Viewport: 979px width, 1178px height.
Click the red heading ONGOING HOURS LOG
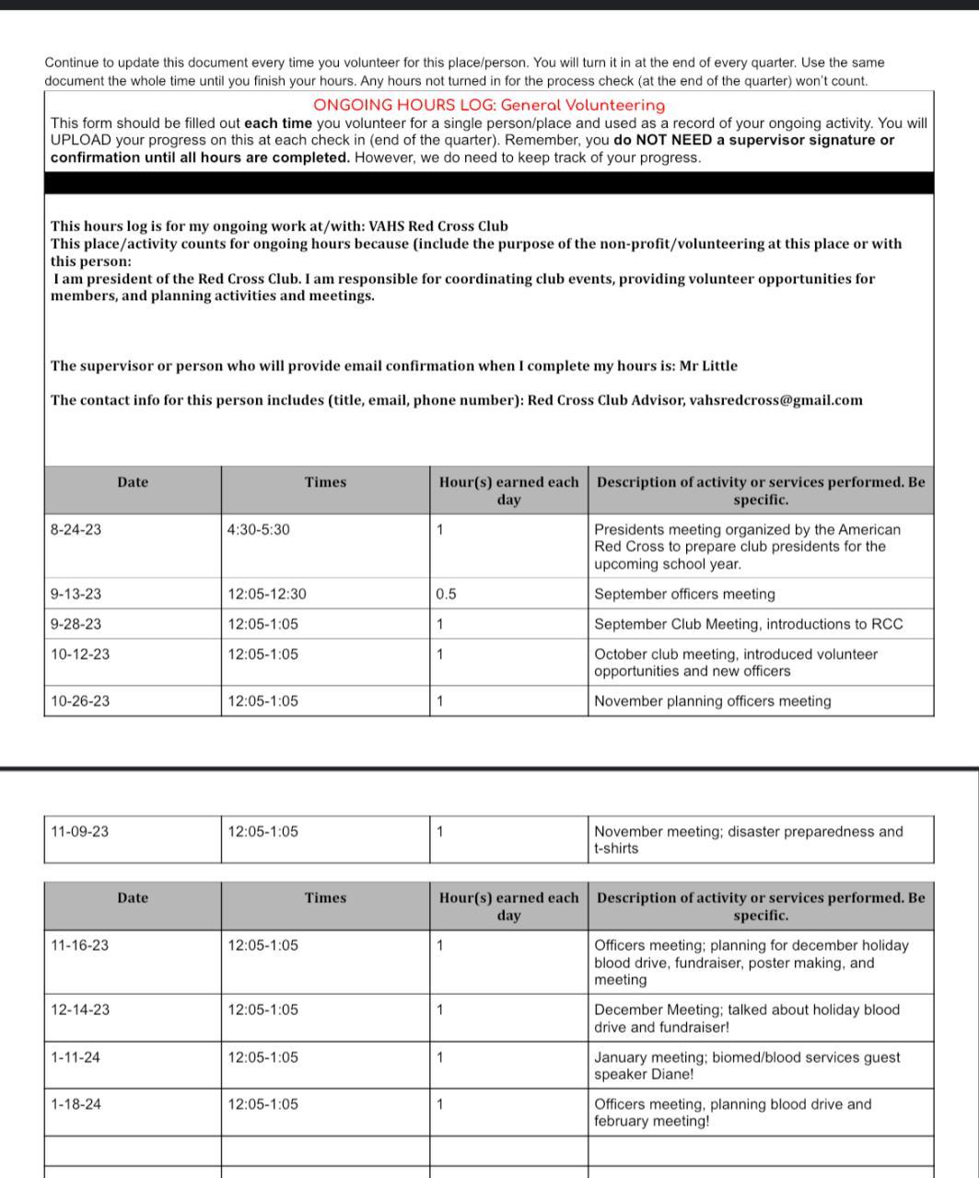[x=489, y=106]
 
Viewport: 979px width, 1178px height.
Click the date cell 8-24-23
[x=76, y=530]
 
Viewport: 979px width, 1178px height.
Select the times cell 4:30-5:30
[x=259, y=530]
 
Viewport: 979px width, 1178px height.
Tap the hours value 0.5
[x=446, y=595]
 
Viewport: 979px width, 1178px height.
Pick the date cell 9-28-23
[x=76, y=624]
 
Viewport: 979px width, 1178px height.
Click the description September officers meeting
[x=684, y=595]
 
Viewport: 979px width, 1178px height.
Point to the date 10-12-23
[x=79, y=654]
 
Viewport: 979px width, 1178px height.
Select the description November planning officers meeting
[x=712, y=701]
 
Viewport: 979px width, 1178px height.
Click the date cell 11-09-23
[x=79, y=832]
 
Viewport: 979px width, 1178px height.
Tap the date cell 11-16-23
[x=79, y=945]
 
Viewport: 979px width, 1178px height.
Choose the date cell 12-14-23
[x=79, y=1010]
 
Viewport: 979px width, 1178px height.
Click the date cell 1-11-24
[x=76, y=1057]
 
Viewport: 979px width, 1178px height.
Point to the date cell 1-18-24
[x=76, y=1104]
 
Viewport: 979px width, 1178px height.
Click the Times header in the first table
[x=325, y=482]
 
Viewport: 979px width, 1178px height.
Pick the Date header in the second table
[x=133, y=898]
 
